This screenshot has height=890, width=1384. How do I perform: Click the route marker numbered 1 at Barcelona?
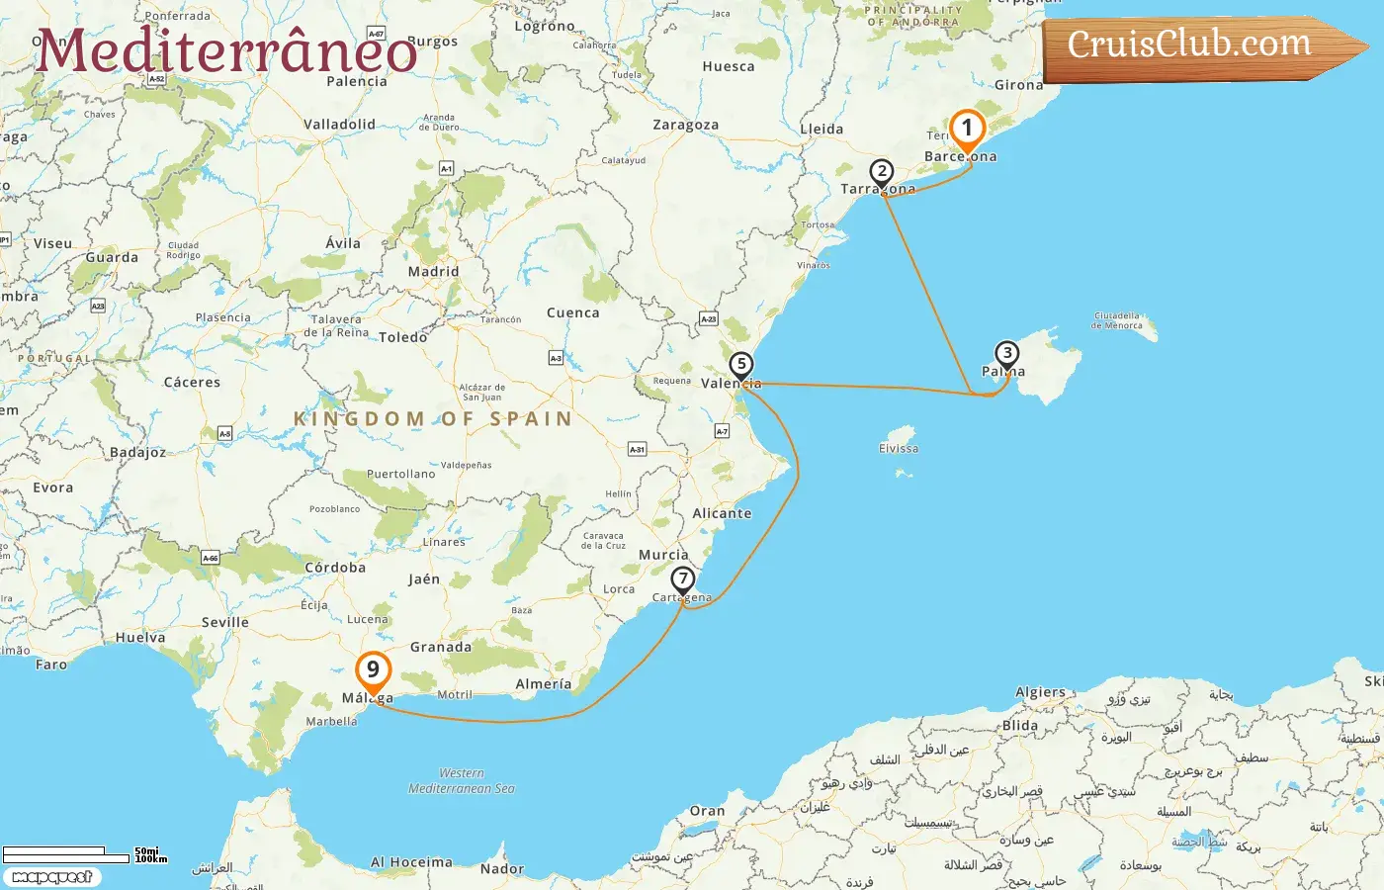point(967,129)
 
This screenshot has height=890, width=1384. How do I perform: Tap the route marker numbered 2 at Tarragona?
point(882,172)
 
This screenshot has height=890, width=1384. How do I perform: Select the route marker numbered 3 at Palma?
point(1006,353)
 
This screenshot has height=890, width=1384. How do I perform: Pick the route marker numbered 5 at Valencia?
point(741,364)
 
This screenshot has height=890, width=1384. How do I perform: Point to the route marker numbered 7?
point(682,578)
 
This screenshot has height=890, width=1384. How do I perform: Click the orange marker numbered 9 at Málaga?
point(373,669)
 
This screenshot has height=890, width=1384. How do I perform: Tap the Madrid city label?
point(433,272)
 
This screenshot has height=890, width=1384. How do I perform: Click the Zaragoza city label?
point(685,126)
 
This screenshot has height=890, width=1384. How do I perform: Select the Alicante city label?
point(722,513)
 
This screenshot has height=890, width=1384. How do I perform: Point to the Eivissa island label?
point(899,448)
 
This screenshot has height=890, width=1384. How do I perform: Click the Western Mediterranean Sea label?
point(462,780)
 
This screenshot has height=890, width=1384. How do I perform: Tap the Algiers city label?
point(1040,692)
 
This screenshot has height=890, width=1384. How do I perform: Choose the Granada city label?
point(440,647)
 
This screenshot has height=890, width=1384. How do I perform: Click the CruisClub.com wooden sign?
point(1196,45)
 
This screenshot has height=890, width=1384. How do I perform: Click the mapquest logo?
point(51,877)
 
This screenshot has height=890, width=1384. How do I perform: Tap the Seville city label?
point(224,622)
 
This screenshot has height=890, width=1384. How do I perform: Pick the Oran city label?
point(707,811)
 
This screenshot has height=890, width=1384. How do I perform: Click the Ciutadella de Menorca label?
point(1116,320)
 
